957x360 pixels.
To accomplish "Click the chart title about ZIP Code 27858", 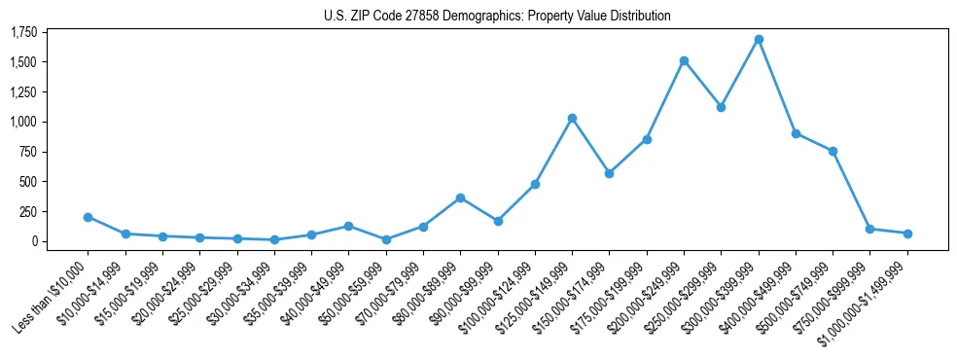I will click(x=497, y=16).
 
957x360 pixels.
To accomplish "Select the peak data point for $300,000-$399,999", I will click(x=759, y=40).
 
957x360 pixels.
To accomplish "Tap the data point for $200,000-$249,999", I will click(x=684, y=60).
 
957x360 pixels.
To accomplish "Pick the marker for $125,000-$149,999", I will click(x=572, y=118).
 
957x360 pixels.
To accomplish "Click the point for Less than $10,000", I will click(x=88, y=217).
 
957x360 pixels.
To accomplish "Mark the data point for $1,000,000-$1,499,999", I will click(x=907, y=234).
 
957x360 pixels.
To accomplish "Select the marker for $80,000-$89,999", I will click(x=460, y=198).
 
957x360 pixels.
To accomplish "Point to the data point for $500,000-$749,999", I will click(x=833, y=151).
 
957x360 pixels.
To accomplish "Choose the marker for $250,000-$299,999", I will click(x=721, y=107).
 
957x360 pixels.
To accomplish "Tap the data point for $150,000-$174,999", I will click(x=609, y=173).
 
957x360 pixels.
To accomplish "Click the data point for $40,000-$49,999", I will click(x=348, y=226).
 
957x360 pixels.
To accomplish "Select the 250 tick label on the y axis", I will click(x=28, y=211).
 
